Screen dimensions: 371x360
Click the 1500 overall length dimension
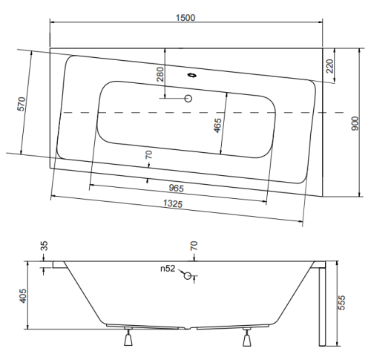185,18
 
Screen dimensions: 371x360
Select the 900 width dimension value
355,123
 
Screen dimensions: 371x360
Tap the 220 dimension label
329,66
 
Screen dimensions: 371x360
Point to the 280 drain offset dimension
160,74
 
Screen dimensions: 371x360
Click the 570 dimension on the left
22,104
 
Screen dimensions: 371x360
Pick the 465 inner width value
217,125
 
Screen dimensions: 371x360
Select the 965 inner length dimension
177,188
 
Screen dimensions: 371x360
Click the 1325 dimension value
173,203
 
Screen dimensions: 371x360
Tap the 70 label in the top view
148,155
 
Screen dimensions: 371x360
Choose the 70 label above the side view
194,246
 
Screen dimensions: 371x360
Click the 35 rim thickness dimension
44,246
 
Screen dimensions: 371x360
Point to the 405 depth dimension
22,295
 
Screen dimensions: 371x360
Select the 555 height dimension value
341,302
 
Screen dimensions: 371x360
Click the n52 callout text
168,269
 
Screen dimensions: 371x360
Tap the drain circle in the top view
188,99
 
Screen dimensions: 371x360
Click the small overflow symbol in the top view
192,75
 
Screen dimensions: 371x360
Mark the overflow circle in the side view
188,275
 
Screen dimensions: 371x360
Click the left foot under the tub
128,337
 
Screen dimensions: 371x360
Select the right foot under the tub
247,337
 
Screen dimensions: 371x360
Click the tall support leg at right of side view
322,307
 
